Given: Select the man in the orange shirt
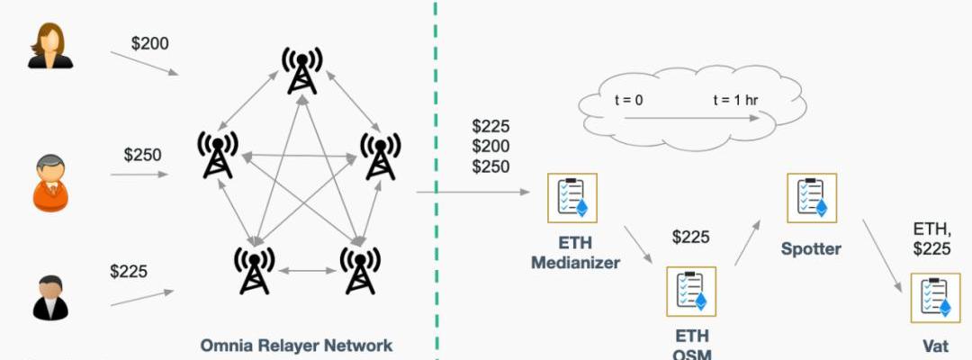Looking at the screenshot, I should [51, 183].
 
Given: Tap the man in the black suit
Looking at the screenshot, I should [50, 298].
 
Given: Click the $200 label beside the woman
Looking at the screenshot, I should [149, 43].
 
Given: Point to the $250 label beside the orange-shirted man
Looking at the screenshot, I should [142, 155].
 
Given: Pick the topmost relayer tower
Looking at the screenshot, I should [300, 69].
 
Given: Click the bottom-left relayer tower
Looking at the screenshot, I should [254, 268].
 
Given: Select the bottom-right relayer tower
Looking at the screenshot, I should [359, 268].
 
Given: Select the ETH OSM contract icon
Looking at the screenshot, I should [690, 291].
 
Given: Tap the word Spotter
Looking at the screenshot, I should [811, 247].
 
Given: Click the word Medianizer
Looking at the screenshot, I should [575, 263].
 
